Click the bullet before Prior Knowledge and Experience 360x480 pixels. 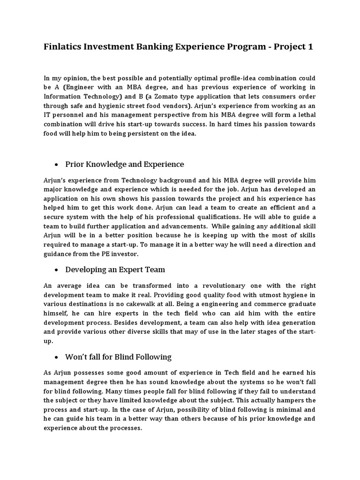tap(56, 165)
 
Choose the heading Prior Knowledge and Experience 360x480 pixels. tap(124, 164)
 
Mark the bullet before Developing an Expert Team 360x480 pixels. tap(56, 270)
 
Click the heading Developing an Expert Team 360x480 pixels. tap(115, 270)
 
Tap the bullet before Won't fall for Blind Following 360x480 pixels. tap(56, 357)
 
